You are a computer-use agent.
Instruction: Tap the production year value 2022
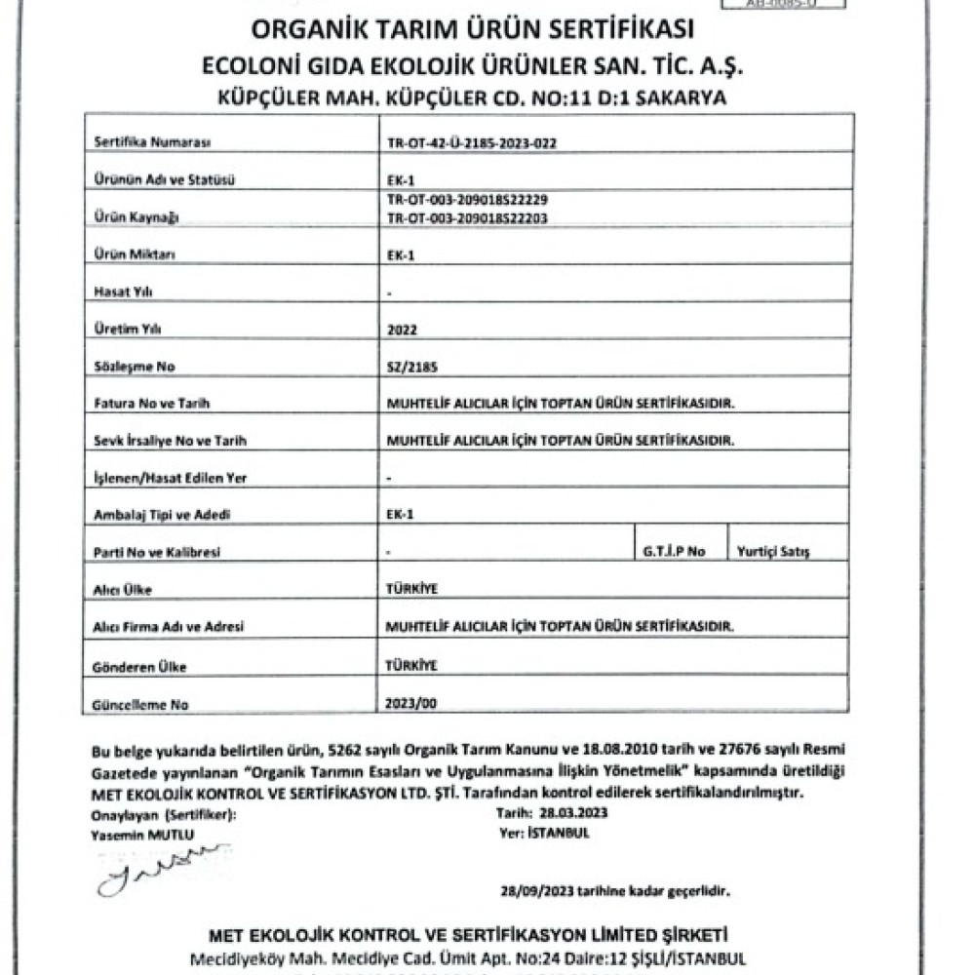[x=401, y=331]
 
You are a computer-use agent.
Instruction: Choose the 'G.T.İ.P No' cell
[x=673, y=552]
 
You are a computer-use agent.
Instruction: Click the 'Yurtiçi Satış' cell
[x=774, y=552]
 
